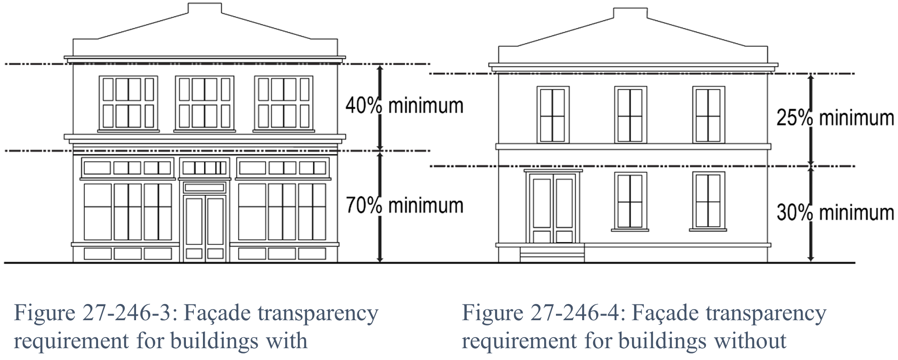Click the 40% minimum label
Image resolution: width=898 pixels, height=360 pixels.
coord(404,106)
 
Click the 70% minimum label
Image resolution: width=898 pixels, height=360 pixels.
coord(404,206)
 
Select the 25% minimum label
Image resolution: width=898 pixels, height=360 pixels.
coord(835,118)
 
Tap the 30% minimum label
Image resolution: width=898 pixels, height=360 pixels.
coord(835,213)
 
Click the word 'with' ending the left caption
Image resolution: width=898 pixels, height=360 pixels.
coord(287,341)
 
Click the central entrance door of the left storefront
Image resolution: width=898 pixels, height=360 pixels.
coord(205,227)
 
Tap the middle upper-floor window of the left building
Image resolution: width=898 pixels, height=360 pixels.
coord(205,103)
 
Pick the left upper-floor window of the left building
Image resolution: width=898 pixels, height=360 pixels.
coord(128,103)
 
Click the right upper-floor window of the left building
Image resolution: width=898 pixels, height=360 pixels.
coord(283,103)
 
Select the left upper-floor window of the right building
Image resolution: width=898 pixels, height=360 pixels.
coord(553,115)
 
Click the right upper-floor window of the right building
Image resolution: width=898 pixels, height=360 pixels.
coord(708,115)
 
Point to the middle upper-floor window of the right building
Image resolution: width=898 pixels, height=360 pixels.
coord(630,115)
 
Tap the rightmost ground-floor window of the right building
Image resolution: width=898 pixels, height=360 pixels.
coord(708,201)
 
